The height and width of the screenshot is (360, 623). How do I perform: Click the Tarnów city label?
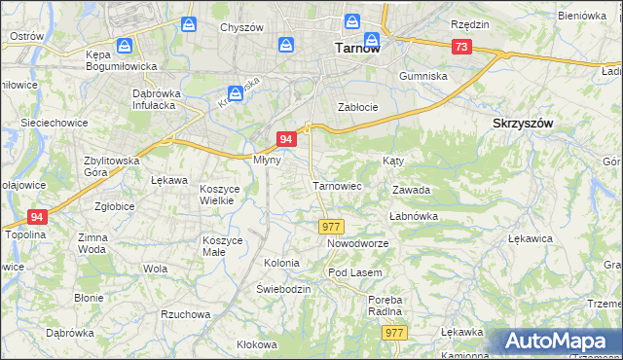pyautogui.click(x=356, y=47)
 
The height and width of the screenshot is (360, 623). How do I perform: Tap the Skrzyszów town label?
pyautogui.click(x=523, y=124)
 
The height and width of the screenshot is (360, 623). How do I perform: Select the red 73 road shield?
pyautogui.click(x=461, y=47)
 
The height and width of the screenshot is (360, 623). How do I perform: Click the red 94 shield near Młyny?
pyautogui.click(x=286, y=139)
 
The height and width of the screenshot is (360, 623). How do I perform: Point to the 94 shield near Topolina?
pyautogui.click(x=37, y=217)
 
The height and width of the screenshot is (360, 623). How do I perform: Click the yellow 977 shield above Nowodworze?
pyautogui.click(x=330, y=226)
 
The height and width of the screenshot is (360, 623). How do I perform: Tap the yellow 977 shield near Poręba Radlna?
pyautogui.click(x=393, y=333)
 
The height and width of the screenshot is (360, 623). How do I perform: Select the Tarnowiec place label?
pyautogui.click(x=337, y=185)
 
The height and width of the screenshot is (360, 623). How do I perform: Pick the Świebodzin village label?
pyautogui.click(x=283, y=290)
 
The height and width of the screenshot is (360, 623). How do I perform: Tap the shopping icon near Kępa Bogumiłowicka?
pyautogui.click(x=124, y=46)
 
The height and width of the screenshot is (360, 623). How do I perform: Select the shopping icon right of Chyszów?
pyautogui.click(x=286, y=45)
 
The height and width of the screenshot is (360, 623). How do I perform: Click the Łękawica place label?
pyautogui.click(x=531, y=237)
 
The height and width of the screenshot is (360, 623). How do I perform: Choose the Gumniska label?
pyautogui.click(x=423, y=75)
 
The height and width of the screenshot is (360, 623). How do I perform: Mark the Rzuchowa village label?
pyautogui.click(x=185, y=314)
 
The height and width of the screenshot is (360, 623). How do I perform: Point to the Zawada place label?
pyautogui.click(x=411, y=191)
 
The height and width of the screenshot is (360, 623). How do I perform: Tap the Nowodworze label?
pyautogui.click(x=357, y=243)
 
